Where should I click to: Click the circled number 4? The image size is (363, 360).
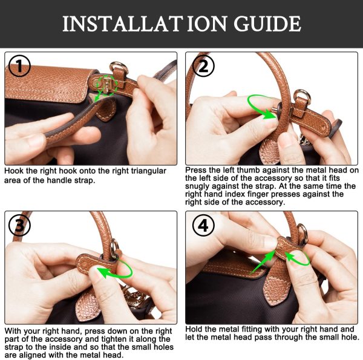203,226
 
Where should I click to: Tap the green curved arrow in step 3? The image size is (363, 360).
117,267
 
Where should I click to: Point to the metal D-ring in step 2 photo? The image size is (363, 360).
302,96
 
